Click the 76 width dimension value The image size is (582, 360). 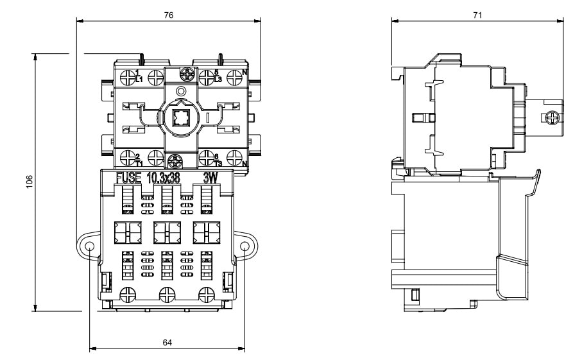pyautogui.click(x=168, y=15)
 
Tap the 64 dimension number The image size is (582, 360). pyautogui.click(x=167, y=343)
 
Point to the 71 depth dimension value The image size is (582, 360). pyautogui.click(x=477, y=15)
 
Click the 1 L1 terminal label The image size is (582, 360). pyautogui.click(x=139, y=76)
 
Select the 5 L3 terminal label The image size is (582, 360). pyautogui.click(x=217, y=76)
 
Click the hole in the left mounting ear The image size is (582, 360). pyautogui.click(x=89, y=246)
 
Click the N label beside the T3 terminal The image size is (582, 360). pyautogui.click(x=245, y=162)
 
